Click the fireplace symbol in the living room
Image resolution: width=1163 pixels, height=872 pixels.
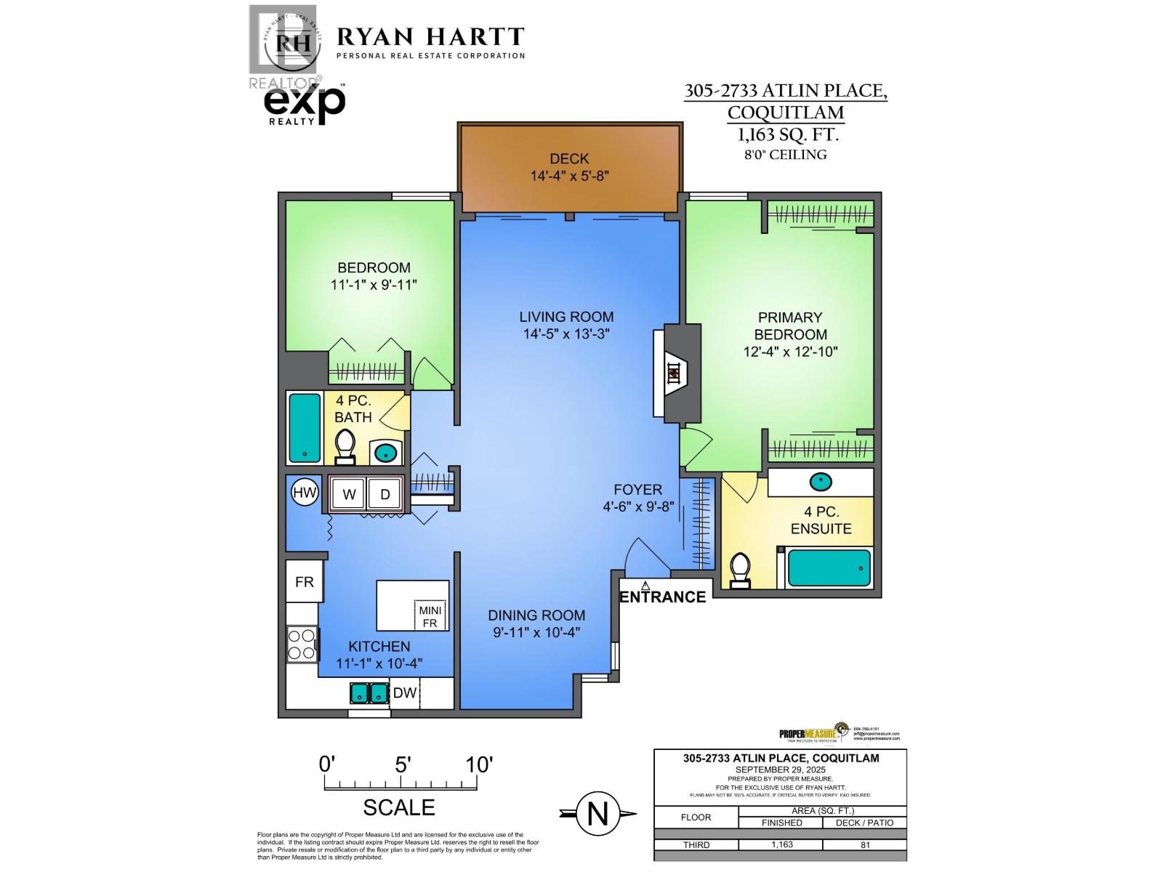pos(675,373)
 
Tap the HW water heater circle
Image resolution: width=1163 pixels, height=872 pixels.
pos(305,493)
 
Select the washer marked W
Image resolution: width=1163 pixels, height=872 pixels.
pos(349,494)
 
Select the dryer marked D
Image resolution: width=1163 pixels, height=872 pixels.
pos(385,494)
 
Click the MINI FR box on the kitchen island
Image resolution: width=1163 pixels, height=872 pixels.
pos(430,616)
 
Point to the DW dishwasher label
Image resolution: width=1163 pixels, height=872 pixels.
pos(405,693)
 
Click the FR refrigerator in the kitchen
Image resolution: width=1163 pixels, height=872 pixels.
pos(304,582)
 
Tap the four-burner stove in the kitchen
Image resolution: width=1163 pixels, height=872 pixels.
pos(302,644)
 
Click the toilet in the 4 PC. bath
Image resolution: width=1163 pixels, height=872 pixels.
pos(345,445)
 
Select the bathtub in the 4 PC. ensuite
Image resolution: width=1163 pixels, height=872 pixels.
pos(829,568)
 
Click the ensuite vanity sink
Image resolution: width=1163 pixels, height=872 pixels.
pos(821,481)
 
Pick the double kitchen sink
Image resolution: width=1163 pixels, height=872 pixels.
pos(369,693)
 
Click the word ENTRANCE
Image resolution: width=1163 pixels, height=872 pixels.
pos(662,597)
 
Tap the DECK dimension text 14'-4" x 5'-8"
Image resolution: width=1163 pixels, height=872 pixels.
pos(569,175)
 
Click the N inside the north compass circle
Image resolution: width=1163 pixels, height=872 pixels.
pos(597,814)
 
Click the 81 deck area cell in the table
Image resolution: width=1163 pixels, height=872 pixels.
pos(864,845)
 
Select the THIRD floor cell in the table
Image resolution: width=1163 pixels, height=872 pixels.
pos(696,845)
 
